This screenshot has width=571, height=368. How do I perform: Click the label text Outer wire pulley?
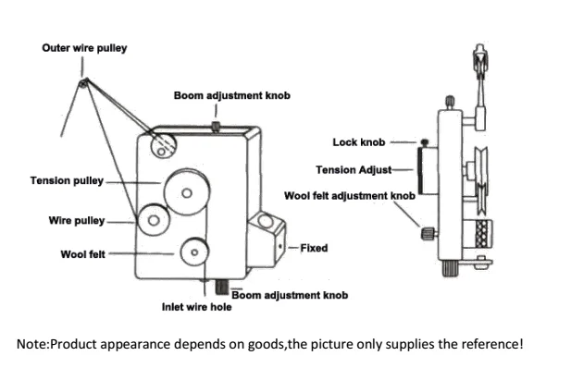click(x=84, y=48)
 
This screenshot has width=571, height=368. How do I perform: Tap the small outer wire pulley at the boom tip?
click(x=83, y=84)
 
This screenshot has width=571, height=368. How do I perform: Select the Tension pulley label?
click(x=67, y=181)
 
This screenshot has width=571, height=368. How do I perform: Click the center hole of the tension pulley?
click(x=187, y=193)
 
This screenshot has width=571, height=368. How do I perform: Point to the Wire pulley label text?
click(x=77, y=221)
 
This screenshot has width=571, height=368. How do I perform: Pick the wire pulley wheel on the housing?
click(x=154, y=220)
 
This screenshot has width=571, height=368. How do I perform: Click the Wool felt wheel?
click(x=194, y=251)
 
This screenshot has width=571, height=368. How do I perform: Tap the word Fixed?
click(x=314, y=248)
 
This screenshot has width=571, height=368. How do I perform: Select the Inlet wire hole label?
click(x=196, y=307)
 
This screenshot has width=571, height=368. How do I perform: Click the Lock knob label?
click(x=359, y=142)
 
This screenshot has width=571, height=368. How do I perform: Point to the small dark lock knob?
click(x=424, y=142)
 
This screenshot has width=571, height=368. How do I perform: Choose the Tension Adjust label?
click(x=354, y=170)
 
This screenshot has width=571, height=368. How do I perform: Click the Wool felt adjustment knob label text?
click(x=350, y=196)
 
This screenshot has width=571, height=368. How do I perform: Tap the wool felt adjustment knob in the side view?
click(x=428, y=233)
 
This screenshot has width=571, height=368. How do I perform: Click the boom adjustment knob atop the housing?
click(x=216, y=127)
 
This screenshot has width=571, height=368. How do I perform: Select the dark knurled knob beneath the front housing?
click(x=222, y=287)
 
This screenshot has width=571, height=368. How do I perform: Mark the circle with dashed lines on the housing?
click(x=164, y=145)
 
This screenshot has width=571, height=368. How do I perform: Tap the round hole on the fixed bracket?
click(x=265, y=221)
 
